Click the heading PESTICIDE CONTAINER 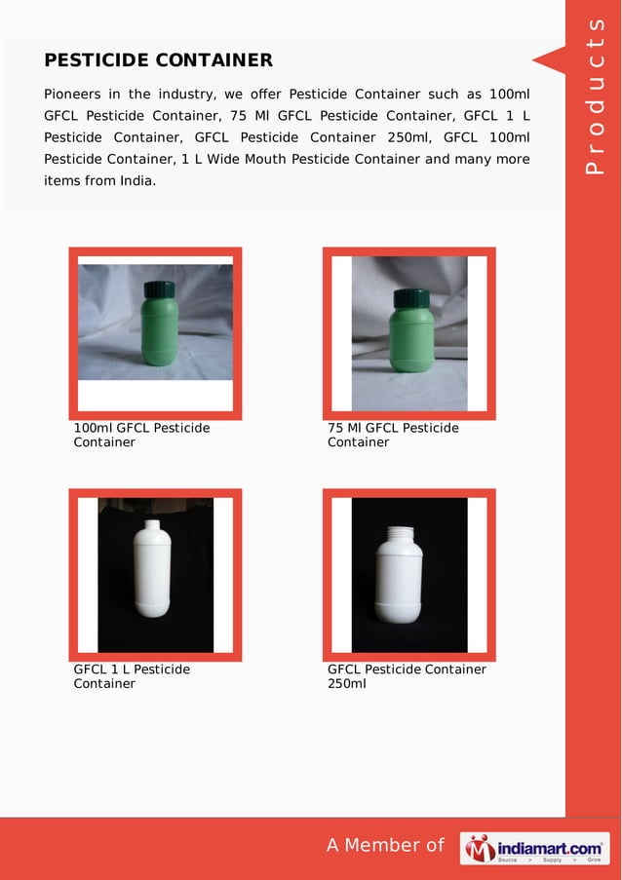tap(158, 60)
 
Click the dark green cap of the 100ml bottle tap(159, 288)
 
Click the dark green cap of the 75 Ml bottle tap(407, 297)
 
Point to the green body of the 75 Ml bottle tap(407, 341)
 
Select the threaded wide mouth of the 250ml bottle tap(399, 534)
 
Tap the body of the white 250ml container tap(399, 585)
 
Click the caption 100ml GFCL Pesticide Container tap(141, 435)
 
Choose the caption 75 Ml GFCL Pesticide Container tap(393, 435)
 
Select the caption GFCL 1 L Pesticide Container tap(132, 676)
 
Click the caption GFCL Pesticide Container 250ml tap(407, 676)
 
